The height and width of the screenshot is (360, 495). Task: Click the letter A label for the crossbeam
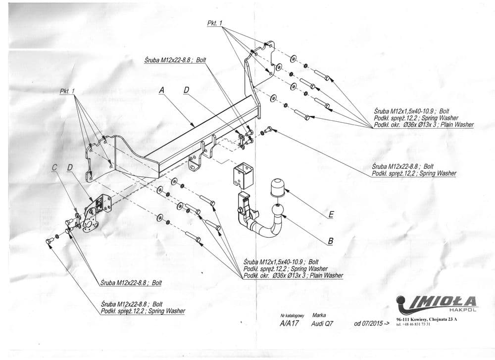click(161, 91)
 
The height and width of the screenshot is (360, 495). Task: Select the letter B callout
click(330, 241)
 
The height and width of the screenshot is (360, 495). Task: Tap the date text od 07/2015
click(369, 325)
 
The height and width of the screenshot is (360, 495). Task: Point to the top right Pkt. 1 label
click(215, 24)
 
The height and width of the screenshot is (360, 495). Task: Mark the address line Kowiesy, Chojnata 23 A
click(427, 320)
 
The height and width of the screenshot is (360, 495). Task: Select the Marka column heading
click(319, 315)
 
